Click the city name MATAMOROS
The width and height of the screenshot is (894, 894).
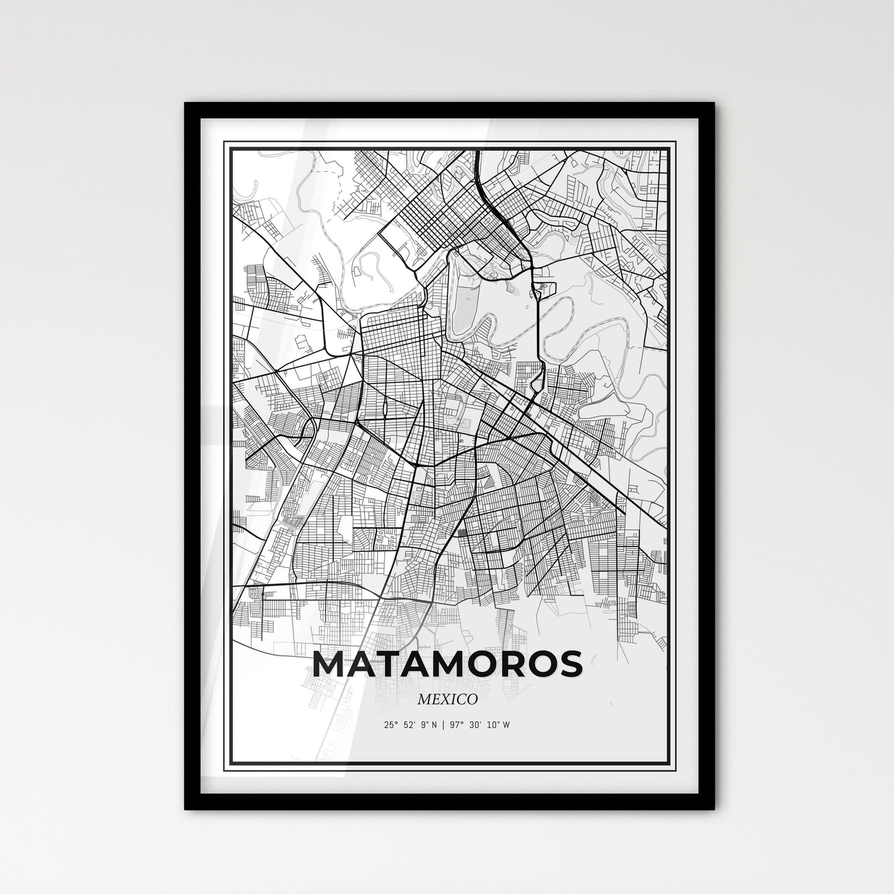coord(447,664)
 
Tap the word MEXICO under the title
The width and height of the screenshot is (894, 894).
coord(447,699)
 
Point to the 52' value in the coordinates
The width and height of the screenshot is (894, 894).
coord(409,725)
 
